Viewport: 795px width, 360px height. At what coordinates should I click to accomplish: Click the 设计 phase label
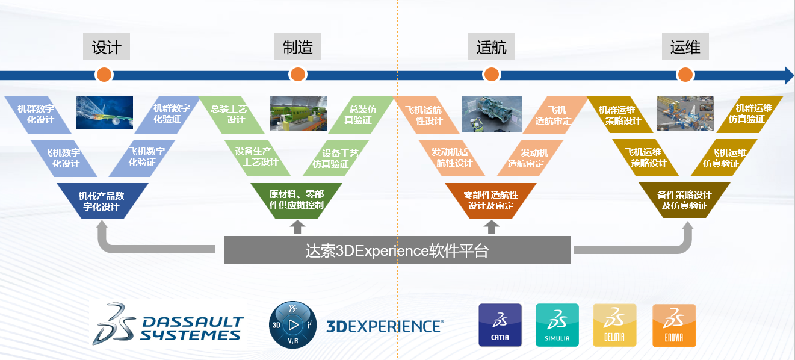click(x=107, y=47)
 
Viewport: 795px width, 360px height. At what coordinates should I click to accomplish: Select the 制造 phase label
click(x=297, y=47)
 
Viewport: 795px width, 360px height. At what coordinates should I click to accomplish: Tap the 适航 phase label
click(x=491, y=47)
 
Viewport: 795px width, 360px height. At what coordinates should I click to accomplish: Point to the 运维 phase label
click(x=685, y=47)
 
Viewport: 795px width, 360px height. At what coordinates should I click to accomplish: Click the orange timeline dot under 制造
click(x=297, y=75)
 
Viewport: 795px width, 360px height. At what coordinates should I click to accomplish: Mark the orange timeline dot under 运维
click(x=685, y=75)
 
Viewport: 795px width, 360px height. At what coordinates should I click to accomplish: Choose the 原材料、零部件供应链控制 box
click(x=296, y=200)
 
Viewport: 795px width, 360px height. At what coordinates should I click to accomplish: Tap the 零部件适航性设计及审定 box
click(x=490, y=200)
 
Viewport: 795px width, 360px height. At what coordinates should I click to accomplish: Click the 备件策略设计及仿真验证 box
click(x=684, y=200)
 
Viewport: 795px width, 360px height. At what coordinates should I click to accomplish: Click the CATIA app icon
click(x=500, y=325)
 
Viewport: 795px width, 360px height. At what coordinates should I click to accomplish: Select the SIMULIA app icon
click(x=557, y=325)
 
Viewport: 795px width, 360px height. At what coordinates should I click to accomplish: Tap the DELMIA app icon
click(x=614, y=325)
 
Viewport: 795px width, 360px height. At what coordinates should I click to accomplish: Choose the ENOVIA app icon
click(x=674, y=325)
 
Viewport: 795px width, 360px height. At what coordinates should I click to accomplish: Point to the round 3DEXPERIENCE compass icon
click(x=292, y=325)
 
